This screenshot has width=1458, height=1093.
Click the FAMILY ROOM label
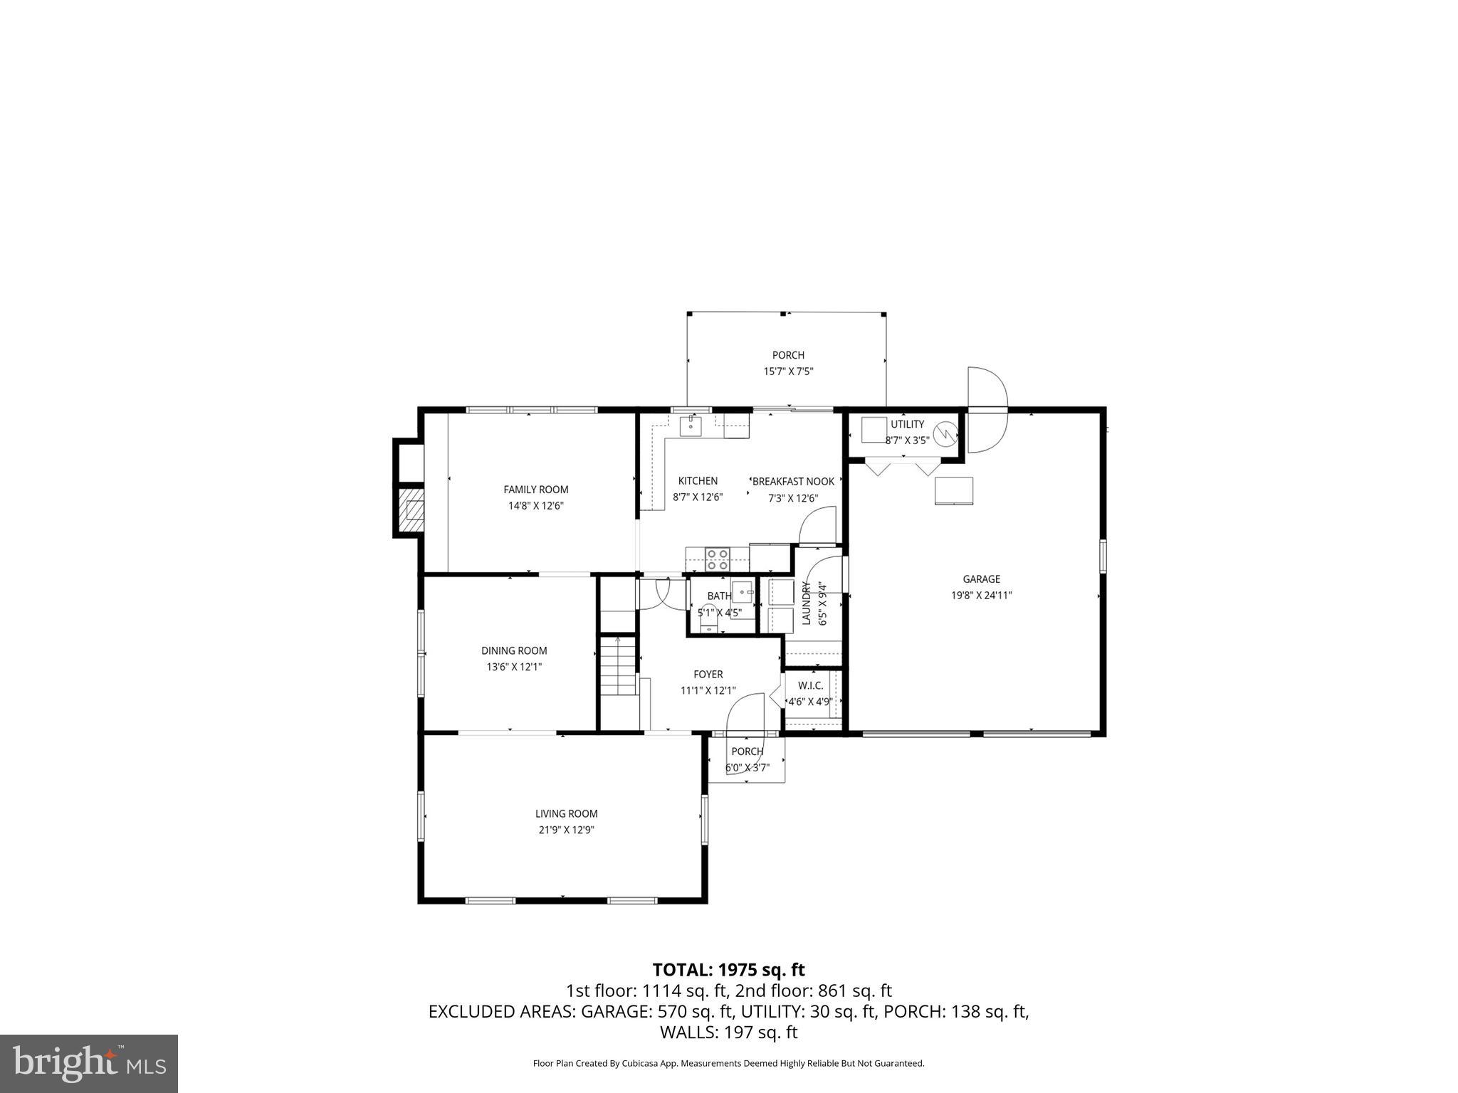[535, 490]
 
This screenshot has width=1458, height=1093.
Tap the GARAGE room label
[981, 579]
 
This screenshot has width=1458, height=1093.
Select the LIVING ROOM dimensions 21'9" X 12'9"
[566, 830]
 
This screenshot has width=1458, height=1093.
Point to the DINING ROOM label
[514, 650]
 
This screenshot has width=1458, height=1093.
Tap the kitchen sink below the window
[691, 427]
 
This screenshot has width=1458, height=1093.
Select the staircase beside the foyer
[617, 666]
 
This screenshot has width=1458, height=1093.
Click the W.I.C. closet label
[810, 685]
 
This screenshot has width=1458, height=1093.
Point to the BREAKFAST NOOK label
[793, 482]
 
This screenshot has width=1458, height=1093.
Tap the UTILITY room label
[907, 425]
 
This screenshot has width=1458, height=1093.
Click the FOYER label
[708, 675]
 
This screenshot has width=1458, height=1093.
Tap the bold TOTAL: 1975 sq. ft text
[728, 970]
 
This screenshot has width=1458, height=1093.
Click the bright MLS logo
[89, 1063]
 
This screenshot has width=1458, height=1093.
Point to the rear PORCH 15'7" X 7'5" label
[788, 355]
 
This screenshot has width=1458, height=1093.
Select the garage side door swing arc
[988, 410]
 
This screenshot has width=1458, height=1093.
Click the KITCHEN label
[698, 481]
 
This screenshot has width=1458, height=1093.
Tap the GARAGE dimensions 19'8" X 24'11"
[981, 596]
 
